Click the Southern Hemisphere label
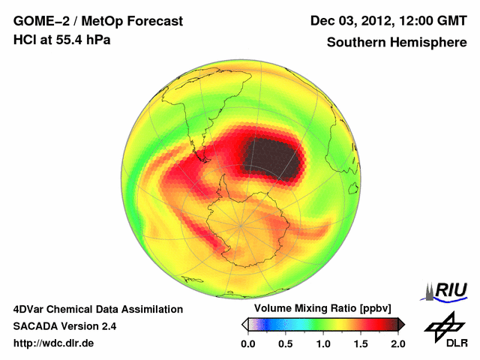pyautogui.click(x=396, y=42)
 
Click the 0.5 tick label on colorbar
pyautogui.click(x=285, y=343)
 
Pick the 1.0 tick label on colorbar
pyautogui.click(x=322, y=343)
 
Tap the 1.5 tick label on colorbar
pyautogui.click(x=360, y=343)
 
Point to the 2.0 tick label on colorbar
pyautogui.click(x=397, y=343)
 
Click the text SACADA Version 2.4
pyautogui.click(x=65, y=326)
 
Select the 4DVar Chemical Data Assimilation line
pyautogui.click(x=97, y=309)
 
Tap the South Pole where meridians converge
pyautogui.click(x=241, y=224)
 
